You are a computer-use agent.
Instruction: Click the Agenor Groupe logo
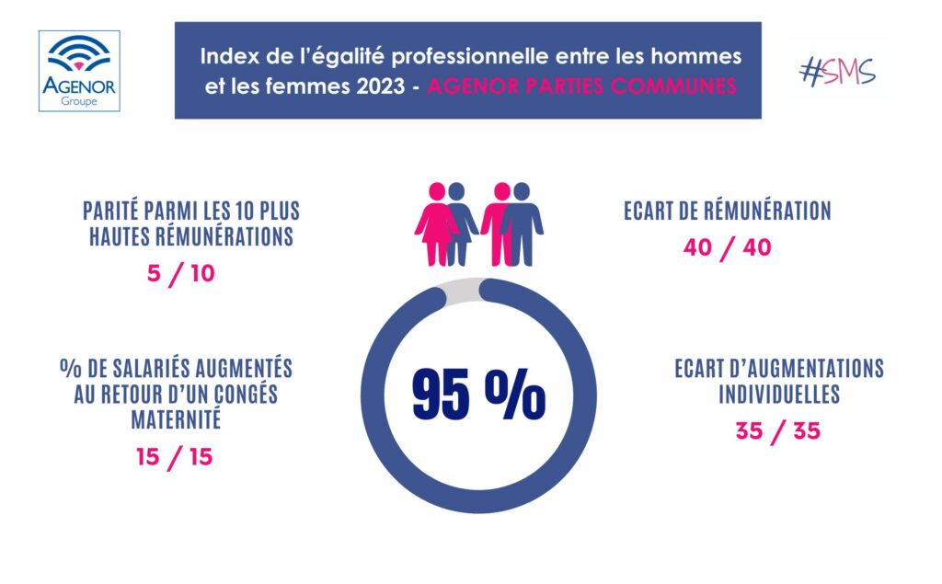79,70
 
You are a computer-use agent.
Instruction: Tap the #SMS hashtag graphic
837,72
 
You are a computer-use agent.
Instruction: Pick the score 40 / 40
727,248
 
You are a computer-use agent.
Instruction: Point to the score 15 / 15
174,456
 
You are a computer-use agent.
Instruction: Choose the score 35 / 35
777,431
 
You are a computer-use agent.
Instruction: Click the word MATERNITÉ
174,421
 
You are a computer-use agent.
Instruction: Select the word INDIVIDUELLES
778,395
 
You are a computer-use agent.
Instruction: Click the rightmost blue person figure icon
523,223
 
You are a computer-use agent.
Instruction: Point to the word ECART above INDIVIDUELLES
702,370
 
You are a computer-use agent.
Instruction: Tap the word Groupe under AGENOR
79,102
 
